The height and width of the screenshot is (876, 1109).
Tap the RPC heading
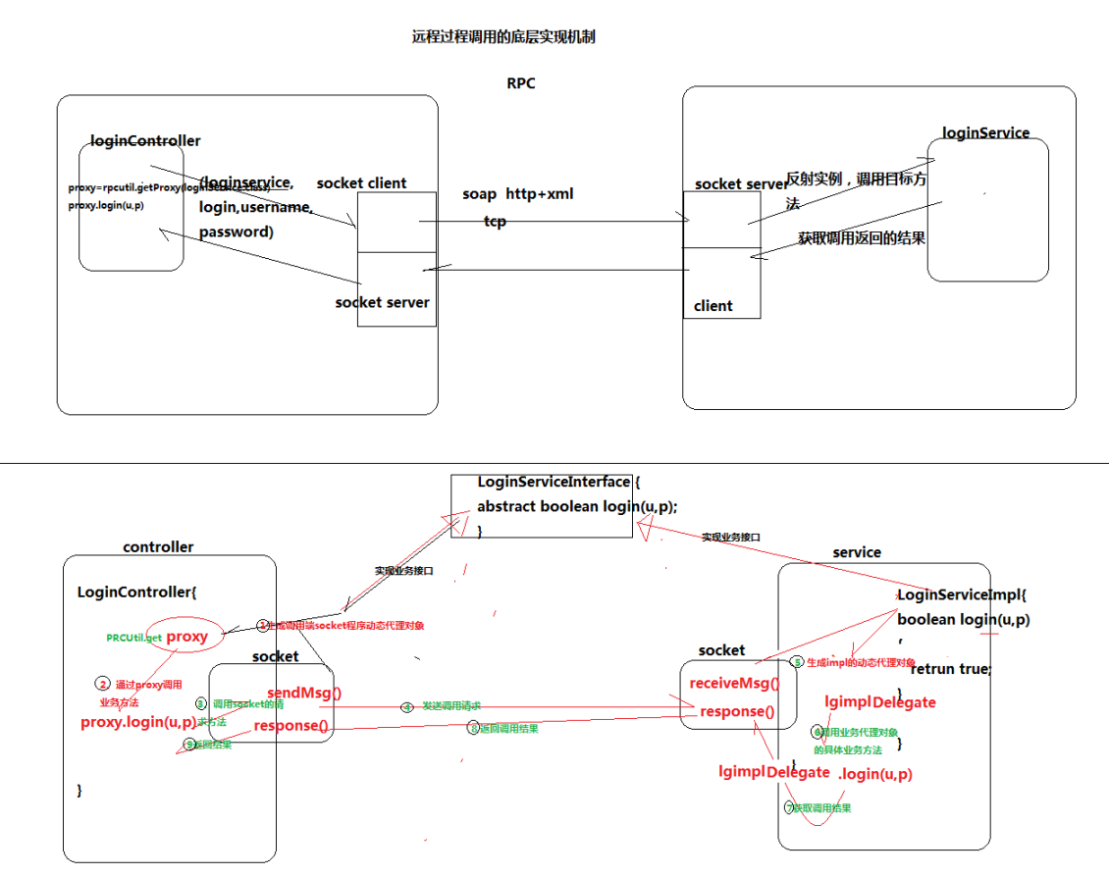[x=520, y=83]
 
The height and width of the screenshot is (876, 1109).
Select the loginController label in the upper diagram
[x=144, y=141]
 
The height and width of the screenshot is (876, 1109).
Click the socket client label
[x=361, y=183]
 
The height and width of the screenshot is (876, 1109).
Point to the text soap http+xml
[x=517, y=194]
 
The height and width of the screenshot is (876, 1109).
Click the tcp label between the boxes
[x=495, y=222]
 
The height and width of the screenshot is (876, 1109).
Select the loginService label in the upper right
[x=985, y=132]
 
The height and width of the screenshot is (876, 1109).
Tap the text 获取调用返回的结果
[x=861, y=238]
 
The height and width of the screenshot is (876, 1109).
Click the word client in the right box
[x=713, y=305]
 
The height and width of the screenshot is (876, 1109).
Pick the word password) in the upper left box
[x=236, y=232]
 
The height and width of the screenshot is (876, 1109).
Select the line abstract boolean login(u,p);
[x=577, y=506]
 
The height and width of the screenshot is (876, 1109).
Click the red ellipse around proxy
[x=185, y=637]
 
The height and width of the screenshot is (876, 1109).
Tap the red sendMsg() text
[x=304, y=693]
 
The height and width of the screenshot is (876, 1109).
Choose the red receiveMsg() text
[x=734, y=684]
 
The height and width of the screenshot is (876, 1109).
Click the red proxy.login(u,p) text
[x=137, y=722]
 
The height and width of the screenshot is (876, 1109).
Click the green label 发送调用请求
[x=450, y=706]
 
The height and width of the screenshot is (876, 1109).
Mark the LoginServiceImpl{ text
[x=961, y=594]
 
